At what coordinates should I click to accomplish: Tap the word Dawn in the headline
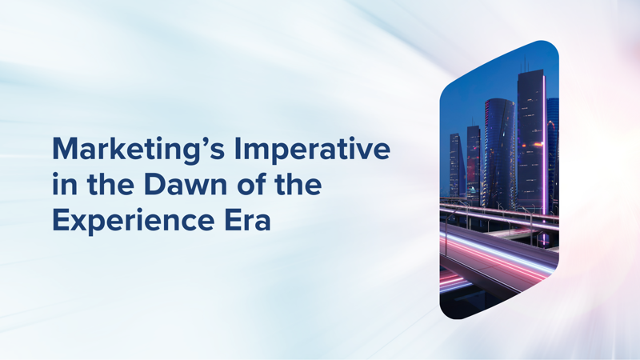186,184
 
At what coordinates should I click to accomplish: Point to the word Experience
134,221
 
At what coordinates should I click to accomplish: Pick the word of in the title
251,184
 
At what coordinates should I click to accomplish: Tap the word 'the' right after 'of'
298,184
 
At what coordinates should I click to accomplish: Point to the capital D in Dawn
154,185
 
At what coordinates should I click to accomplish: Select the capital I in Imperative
237,149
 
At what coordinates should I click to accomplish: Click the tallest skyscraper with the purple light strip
531,138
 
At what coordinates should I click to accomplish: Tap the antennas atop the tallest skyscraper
524,65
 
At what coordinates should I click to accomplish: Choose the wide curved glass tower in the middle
500,153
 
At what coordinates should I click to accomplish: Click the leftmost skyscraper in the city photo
456,165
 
